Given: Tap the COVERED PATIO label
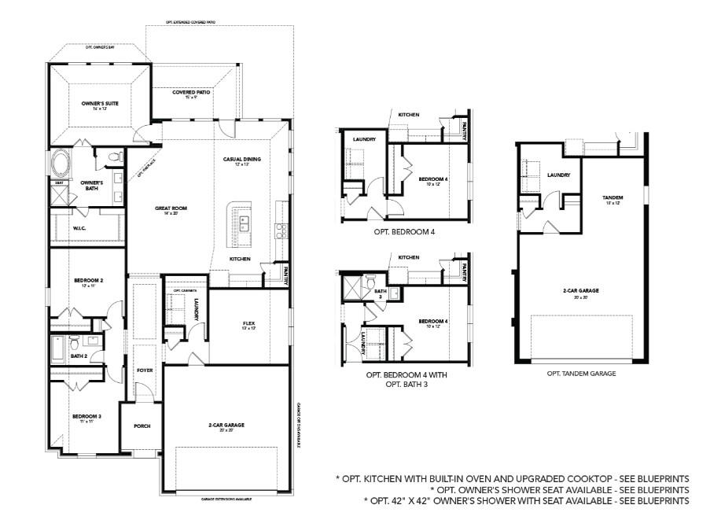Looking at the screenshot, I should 191,92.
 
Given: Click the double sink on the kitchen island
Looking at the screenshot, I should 244,223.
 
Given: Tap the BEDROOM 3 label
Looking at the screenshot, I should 86,416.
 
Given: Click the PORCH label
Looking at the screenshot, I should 142,426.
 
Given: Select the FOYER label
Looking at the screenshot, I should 144,370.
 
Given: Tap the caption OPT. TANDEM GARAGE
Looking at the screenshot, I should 581,374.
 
